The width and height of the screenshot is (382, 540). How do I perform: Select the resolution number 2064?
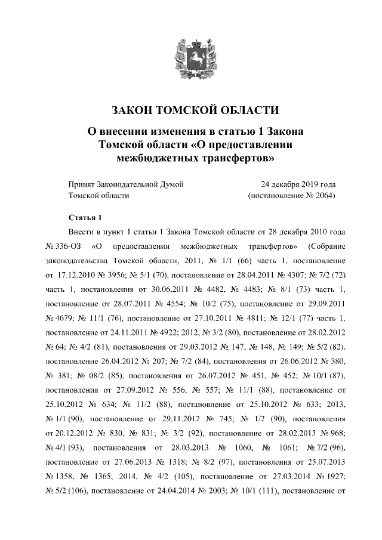point(324,195)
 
